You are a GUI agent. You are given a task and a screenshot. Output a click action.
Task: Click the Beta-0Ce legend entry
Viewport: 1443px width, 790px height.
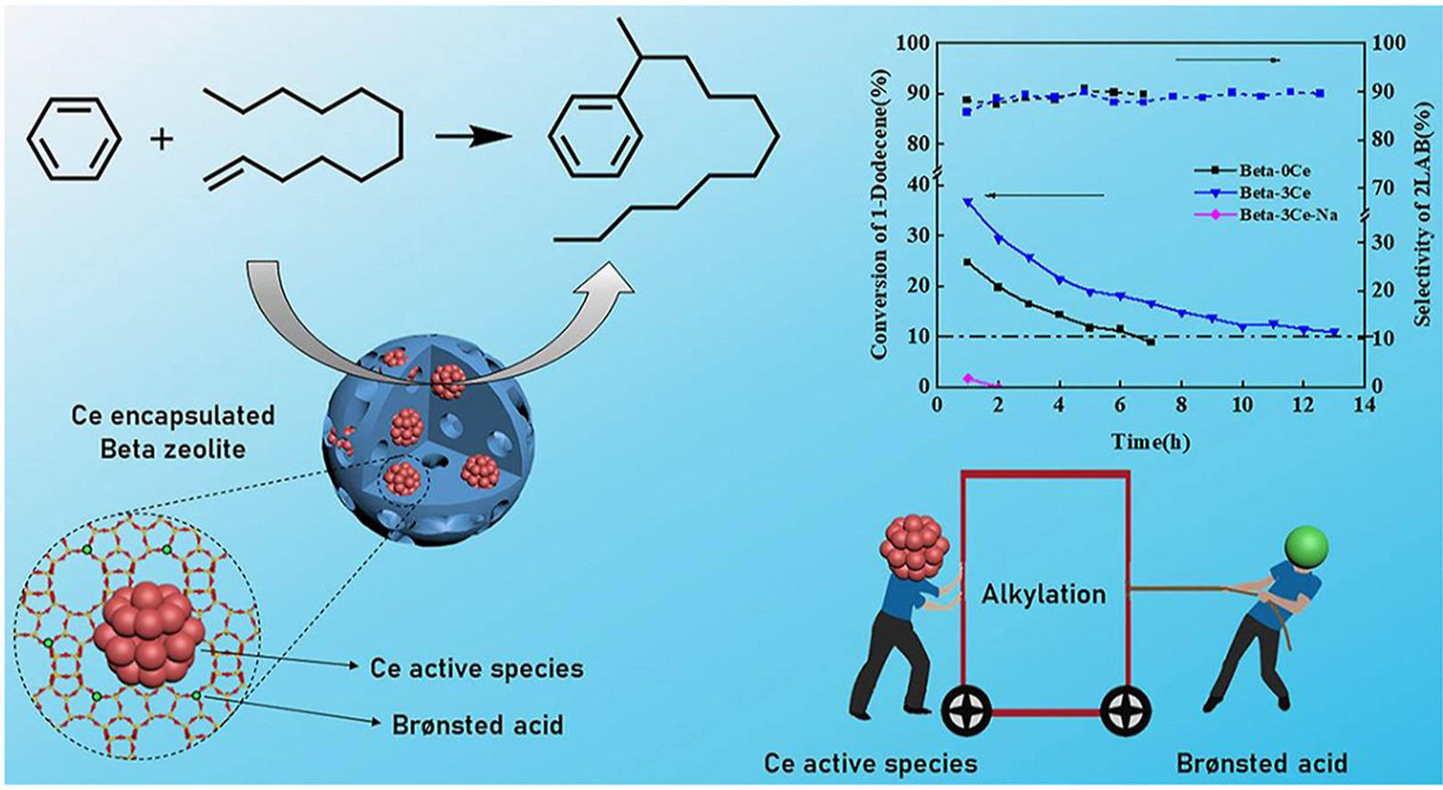(1274, 169)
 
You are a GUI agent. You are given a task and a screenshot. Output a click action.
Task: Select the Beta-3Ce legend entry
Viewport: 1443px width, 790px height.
(1274, 193)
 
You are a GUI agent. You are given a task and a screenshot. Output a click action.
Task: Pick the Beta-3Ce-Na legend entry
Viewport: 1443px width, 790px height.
(1287, 216)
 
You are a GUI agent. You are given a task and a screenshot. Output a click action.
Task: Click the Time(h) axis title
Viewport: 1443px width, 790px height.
(1150, 440)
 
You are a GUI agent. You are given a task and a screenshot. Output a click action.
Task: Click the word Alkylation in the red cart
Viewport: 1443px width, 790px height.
(1044, 594)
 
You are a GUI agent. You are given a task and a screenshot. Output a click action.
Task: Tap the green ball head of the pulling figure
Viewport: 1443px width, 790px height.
(1306, 547)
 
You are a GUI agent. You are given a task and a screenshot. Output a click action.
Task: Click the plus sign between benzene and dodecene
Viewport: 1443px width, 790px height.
(161, 139)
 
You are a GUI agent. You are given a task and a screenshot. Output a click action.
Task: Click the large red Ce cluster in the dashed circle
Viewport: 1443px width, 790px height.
(149, 634)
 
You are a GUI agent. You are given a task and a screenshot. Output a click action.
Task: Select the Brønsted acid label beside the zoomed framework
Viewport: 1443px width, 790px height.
(478, 724)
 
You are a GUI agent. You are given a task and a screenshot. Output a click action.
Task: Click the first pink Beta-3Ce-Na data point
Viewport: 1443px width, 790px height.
(968, 379)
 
